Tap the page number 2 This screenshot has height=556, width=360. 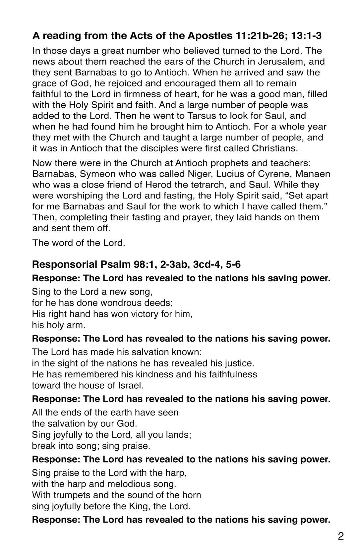pyautogui.click(x=341, y=536)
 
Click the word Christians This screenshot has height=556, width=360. pyautogui.click(x=275, y=148)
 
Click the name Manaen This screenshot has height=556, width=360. pyautogui.click(x=313, y=174)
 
